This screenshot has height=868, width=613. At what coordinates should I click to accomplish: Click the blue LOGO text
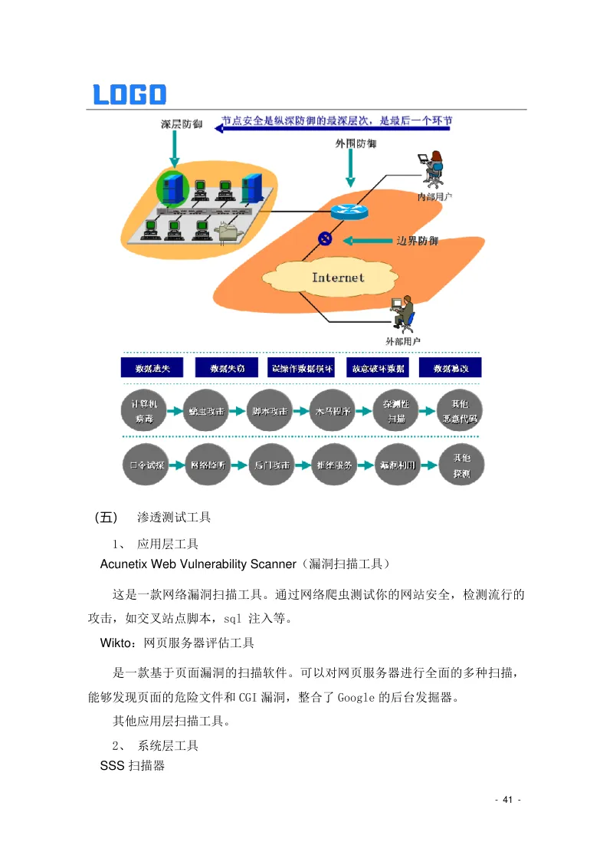[129, 94]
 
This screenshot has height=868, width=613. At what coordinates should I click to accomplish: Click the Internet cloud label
[338, 277]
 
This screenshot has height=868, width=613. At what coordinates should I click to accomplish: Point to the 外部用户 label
[402, 340]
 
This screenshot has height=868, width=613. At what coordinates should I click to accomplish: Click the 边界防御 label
[417, 241]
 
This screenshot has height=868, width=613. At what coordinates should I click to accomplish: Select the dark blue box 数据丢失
[153, 368]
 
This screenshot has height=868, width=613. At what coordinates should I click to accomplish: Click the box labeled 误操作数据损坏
[303, 368]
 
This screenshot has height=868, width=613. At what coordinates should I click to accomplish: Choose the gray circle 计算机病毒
[145, 412]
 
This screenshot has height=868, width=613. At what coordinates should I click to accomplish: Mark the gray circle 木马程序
[333, 412]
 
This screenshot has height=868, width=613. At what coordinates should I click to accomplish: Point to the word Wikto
[115, 642]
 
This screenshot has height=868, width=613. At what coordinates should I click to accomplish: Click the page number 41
[507, 801]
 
